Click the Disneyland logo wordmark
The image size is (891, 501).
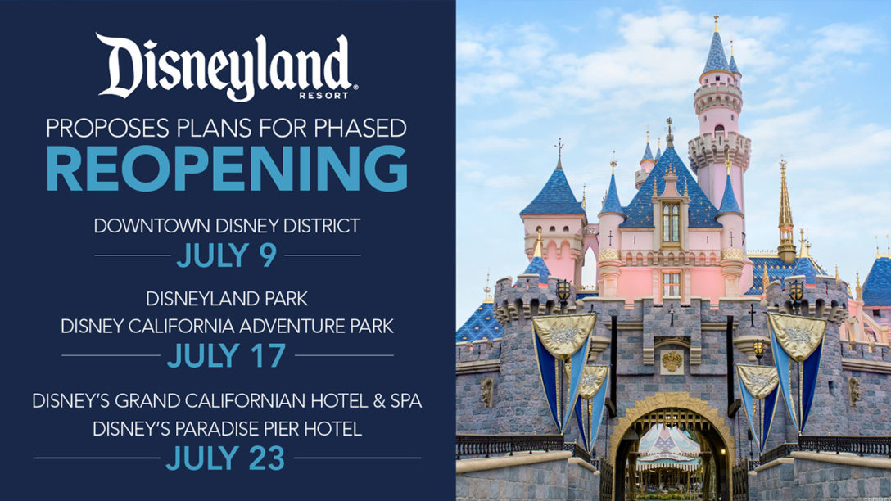pos(225,65)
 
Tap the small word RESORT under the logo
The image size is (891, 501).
pos(324,96)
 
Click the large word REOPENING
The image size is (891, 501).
pos(227,168)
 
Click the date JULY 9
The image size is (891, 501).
pos(227,255)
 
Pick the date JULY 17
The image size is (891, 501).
pos(227,355)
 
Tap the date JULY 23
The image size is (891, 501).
pos(225,458)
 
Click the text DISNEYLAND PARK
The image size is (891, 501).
pos(227,299)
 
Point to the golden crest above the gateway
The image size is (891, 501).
pos(672,361)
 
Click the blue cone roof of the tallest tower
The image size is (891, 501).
pos(716,53)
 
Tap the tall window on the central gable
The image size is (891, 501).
pos(671,223)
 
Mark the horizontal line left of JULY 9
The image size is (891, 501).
pos(133,255)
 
